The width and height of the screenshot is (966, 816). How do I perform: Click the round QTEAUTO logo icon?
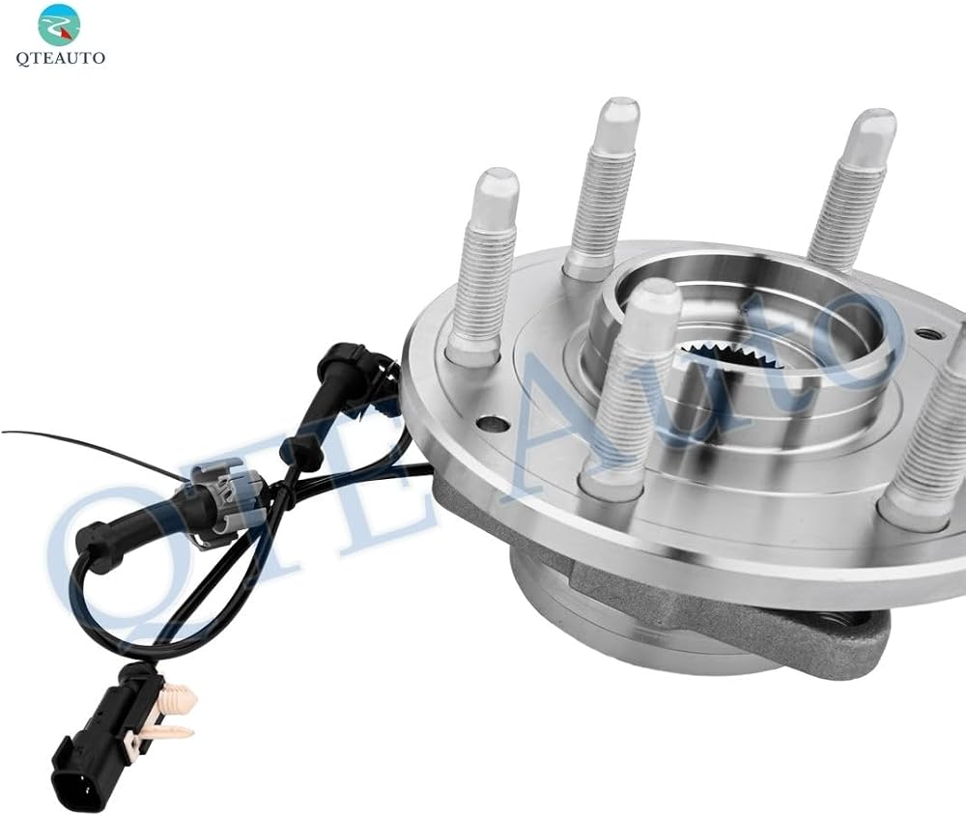tap(59, 23)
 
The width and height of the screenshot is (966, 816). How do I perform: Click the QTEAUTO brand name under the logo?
tap(60, 59)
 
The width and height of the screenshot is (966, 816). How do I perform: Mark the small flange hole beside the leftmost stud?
tap(494, 424)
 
